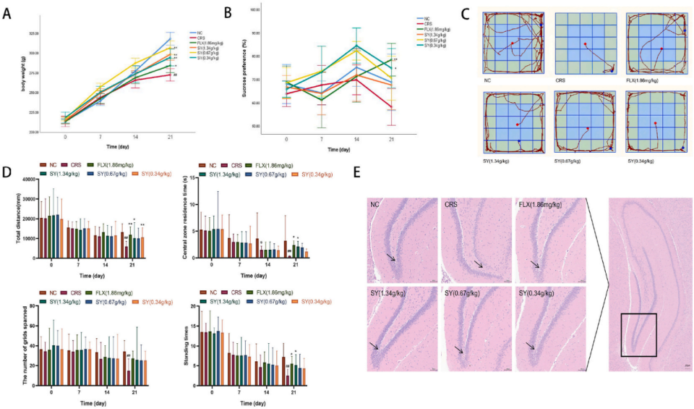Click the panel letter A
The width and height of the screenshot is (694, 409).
pos(8,12)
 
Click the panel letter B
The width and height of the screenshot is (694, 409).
pos(228,12)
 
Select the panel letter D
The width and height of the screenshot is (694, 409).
pos(8,174)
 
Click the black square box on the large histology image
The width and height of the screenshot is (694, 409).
pos(638,334)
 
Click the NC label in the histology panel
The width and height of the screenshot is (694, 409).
pos(375,206)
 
